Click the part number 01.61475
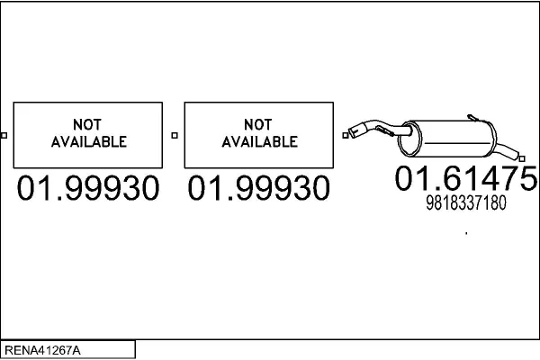click(x=465, y=178)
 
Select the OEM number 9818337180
click(x=466, y=202)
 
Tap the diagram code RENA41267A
click(x=42, y=350)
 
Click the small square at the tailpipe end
click(x=522, y=158)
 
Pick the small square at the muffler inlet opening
click(x=346, y=135)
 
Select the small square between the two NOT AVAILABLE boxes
click(x=175, y=135)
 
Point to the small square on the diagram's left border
click(x=4, y=135)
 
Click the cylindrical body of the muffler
click(x=454, y=139)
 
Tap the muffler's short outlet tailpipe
click(x=506, y=151)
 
